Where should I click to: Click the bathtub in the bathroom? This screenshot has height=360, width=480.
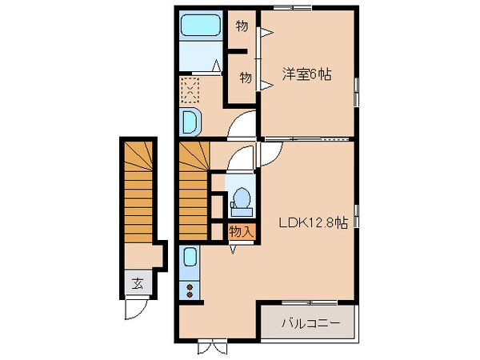(x=202, y=26)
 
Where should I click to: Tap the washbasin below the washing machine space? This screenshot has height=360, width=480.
(x=193, y=122)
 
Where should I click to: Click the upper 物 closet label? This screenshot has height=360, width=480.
(x=242, y=26)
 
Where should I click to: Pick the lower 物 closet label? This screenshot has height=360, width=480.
(x=247, y=78)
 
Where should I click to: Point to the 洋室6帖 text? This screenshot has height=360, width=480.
(x=306, y=74)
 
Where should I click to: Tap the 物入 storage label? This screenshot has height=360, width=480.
(x=241, y=232)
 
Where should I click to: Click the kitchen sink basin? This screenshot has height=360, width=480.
(x=190, y=258)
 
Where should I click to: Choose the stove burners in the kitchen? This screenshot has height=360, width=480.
(x=190, y=290)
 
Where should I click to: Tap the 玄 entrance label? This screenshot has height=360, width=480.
(x=138, y=282)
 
